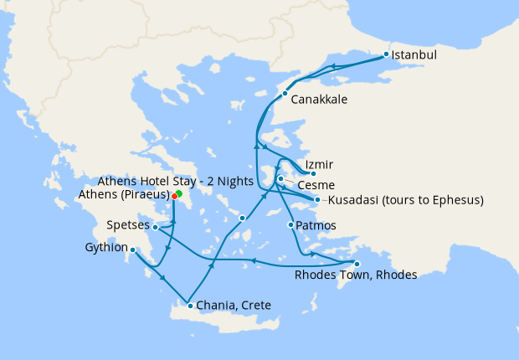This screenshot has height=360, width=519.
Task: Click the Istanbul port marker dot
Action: tap(386, 55)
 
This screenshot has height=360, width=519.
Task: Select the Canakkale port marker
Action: tap(285, 93)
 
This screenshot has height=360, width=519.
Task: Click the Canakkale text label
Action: tap(319, 99)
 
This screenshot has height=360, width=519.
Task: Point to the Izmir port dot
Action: tap(312, 174)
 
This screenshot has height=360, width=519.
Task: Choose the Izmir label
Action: tap(320, 163)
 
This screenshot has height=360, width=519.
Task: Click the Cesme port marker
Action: tap(280, 178)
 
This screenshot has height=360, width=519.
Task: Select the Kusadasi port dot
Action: tap(317, 199)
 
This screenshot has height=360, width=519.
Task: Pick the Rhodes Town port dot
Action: tap(357, 264)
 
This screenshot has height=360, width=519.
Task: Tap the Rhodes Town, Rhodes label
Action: tap(356, 275)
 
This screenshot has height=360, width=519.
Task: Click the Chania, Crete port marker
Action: tap(190, 306)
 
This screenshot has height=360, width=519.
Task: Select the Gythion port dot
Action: tap(133, 249)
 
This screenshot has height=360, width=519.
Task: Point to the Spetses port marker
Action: tap(156, 226)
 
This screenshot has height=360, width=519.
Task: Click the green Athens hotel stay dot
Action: tap(179, 193)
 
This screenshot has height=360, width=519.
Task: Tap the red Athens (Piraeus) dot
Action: tap(174, 197)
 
